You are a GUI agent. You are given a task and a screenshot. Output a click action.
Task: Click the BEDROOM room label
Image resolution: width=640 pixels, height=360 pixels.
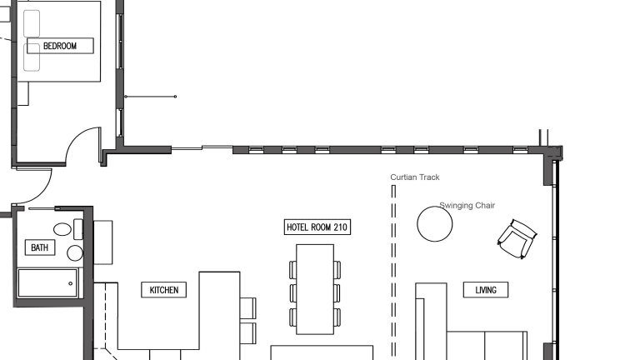pos(60,46)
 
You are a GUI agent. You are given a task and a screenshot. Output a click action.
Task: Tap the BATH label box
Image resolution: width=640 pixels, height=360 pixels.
pos(40,247)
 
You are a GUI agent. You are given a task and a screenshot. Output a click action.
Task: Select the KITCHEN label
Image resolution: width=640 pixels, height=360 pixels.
pos(163,290)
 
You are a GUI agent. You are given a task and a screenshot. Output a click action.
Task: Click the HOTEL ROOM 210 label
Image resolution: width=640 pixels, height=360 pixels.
pos(317,227)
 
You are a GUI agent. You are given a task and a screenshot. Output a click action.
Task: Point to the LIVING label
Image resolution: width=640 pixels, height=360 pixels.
pos(486,290)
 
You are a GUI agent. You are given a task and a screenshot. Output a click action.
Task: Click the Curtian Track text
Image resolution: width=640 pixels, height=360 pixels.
pos(415,177)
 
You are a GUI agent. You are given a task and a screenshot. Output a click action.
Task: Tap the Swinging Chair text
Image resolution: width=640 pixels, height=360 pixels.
pos(467,205)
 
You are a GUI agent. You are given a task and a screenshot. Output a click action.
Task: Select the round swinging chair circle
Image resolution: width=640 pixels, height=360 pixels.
pos(435,224)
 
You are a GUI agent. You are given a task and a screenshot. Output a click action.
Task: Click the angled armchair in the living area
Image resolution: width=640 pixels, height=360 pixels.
pos(517,239)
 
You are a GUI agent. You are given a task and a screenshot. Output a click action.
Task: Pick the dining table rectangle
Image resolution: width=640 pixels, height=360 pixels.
pos(315,289)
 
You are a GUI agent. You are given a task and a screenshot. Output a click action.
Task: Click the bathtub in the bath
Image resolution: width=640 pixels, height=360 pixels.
pos(47,282)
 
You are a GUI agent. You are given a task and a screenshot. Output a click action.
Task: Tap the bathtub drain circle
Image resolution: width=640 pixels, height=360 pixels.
pos(71,283)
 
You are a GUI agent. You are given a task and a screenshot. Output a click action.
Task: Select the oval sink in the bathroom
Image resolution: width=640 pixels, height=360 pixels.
pos(62,229)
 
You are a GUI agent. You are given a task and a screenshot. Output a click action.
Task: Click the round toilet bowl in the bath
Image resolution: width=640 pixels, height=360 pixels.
pos(75,253)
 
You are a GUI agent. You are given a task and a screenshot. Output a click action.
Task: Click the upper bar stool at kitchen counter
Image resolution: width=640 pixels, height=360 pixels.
pos(247,308)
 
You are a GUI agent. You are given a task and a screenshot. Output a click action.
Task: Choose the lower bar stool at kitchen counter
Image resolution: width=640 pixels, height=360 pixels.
pos(247,333)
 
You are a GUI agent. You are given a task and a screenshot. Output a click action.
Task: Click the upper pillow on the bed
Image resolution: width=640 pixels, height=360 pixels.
pos(32,23)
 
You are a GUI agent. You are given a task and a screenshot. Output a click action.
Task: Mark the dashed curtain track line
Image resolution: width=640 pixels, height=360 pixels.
pos(393,271)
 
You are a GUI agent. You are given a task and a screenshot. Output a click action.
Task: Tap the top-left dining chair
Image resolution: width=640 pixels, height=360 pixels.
pos(293,270)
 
